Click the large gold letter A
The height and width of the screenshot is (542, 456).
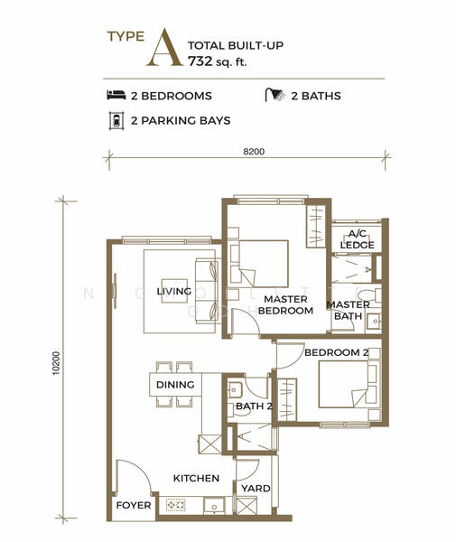pos(164,48)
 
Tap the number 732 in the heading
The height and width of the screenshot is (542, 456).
pos(200,61)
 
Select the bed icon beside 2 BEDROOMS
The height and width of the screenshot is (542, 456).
pos(116,95)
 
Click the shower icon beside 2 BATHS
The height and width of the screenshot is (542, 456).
pos(275,95)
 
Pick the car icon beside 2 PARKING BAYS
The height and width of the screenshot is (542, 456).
pos(116,121)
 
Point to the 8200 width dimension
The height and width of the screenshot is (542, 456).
pos(254,152)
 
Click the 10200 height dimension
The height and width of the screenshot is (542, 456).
pos(56,363)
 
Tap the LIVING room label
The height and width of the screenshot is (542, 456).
pos(174,291)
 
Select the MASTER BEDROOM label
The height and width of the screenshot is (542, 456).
pos(285,304)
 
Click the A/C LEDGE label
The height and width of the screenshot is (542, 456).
pos(358,239)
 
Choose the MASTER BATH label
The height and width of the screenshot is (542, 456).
pos(349,310)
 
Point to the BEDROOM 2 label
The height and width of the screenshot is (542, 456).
pos(337,352)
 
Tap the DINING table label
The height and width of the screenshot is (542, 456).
pos(175,385)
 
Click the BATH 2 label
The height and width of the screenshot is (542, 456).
pos(254,406)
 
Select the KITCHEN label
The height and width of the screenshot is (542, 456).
pos(196,478)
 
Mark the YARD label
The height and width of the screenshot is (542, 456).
pos(256,489)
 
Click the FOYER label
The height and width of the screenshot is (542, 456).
pos(134,505)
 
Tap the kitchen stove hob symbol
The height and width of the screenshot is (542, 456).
pos(176,505)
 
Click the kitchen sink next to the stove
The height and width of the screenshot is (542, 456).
pos(214,506)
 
